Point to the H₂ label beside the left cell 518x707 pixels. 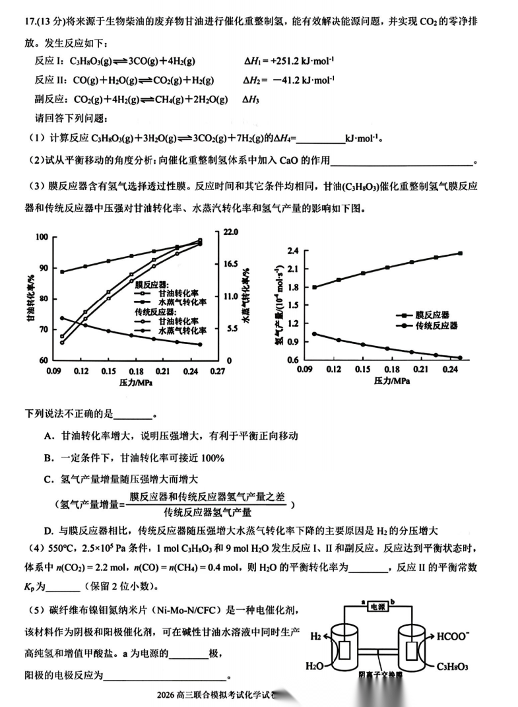tap(317, 637)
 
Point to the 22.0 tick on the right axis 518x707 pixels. tap(230, 232)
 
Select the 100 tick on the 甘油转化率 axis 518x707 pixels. tap(42, 237)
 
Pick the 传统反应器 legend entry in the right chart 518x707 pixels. tap(436, 326)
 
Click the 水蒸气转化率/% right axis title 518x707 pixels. tap(245, 297)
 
